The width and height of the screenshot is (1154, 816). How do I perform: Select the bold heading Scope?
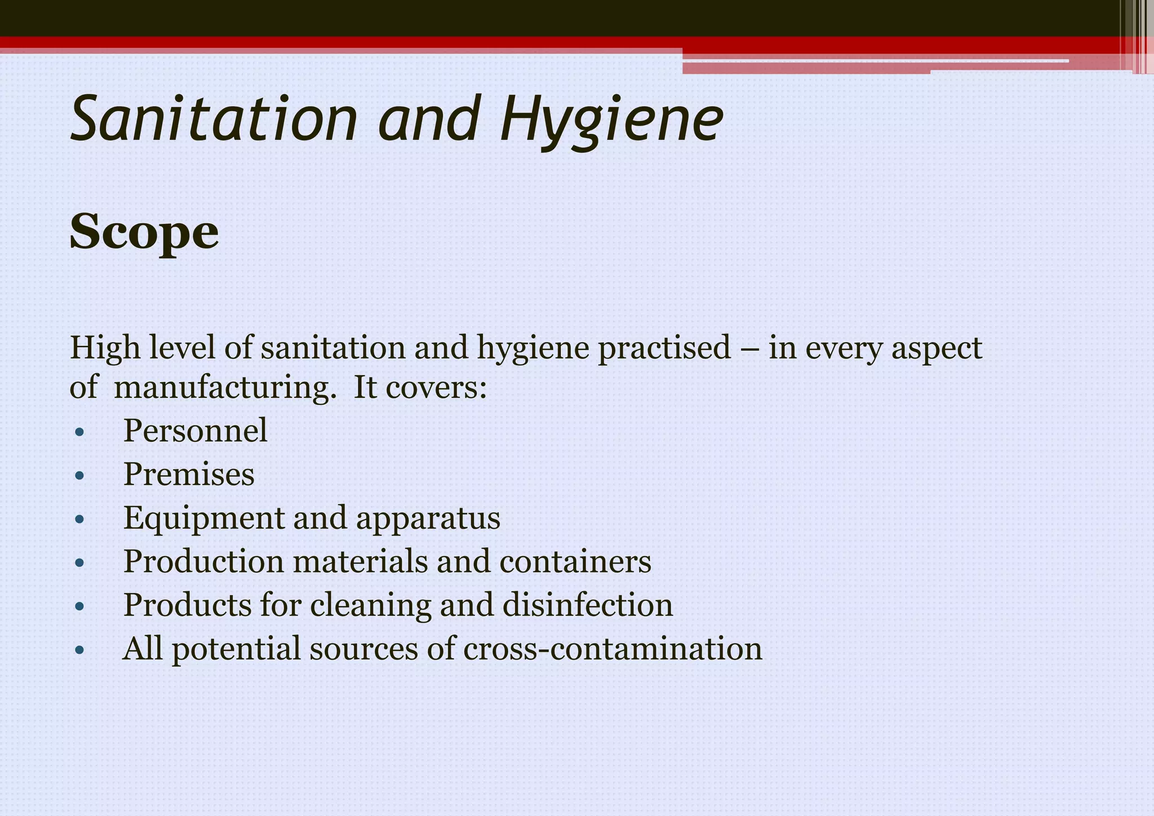coord(144,232)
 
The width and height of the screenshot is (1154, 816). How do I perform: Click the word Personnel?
coord(195,431)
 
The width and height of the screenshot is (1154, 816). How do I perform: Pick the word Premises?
coord(189,474)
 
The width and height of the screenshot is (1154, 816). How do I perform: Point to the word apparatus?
coord(428,518)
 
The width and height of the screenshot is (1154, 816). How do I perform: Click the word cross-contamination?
coord(612,648)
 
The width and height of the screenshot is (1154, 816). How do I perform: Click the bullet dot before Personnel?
coord(79,433)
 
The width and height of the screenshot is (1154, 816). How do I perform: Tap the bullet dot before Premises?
coord(79,476)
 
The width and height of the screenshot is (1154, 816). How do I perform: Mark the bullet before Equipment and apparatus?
coord(79,520)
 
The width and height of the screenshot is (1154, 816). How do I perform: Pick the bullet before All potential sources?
coord(79,650)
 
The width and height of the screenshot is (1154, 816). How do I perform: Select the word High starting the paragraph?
coord(105,348)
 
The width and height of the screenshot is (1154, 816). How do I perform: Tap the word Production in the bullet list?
coord(203,561)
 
